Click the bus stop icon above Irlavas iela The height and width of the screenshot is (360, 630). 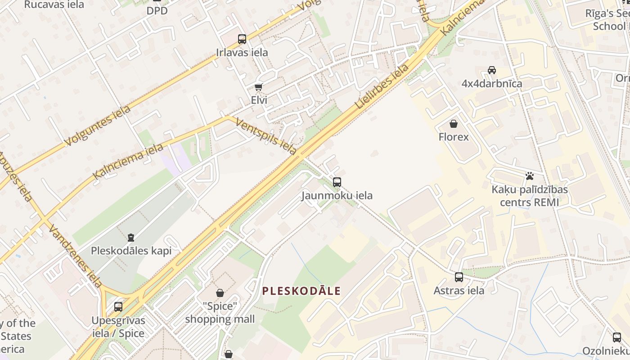coord(242,39)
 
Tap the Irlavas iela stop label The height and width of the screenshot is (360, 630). coord(242,53)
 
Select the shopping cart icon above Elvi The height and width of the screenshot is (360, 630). coord(258,87)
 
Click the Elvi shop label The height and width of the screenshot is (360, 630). coord(259,100)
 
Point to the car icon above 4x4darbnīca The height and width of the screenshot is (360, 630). coord(492,70)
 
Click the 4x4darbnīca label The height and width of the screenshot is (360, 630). coord(492,84)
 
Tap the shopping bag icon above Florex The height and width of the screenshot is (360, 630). coord(454,123)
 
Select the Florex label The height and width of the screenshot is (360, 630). coord(454,137)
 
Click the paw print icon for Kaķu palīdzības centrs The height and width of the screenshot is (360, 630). coord(530,176)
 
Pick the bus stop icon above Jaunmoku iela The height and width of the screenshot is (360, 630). coord(337,182)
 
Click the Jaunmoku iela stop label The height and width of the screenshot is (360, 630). coord(337,196)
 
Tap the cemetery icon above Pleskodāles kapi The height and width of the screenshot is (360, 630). coord(131,237)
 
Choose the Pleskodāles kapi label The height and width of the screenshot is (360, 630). coord(131,251)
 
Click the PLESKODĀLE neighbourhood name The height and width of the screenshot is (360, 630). coord(301,291)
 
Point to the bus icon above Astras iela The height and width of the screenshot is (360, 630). coord(459,277)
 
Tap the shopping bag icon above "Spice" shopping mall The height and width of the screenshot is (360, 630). coord(220,293)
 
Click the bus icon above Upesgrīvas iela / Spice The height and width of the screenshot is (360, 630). coord(118,307)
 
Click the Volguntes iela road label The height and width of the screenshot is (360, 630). coord(98,126)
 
